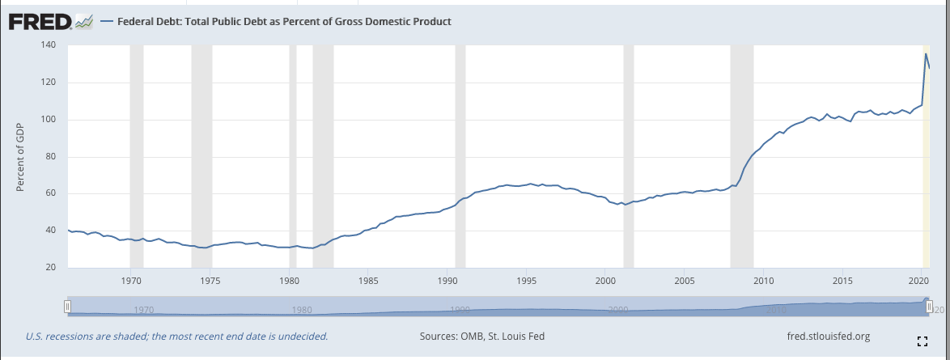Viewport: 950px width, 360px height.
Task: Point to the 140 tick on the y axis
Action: pos(49,45)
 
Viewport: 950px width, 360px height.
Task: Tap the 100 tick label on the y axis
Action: pos(49,120)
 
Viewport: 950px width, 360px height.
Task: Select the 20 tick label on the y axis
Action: pos(51,268)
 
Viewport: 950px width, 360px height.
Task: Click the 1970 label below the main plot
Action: pos(130,282)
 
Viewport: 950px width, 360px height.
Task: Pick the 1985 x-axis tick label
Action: pos(367,282)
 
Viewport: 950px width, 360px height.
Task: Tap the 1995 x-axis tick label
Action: pos(526,282)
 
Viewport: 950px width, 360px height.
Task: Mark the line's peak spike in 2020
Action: pos(926,54)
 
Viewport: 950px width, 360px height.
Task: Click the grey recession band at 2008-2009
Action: pos(741,162)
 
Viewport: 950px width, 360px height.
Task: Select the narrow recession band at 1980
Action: pos(293,162)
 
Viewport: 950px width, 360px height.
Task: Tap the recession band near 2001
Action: pos(628,162)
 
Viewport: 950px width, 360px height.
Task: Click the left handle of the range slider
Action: pos(68,306)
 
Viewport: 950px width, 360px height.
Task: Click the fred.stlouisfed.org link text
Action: pos(828,336)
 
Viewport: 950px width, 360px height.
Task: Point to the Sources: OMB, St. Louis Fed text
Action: pos(483,336)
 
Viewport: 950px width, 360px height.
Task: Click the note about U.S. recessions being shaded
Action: pos(176,336)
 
